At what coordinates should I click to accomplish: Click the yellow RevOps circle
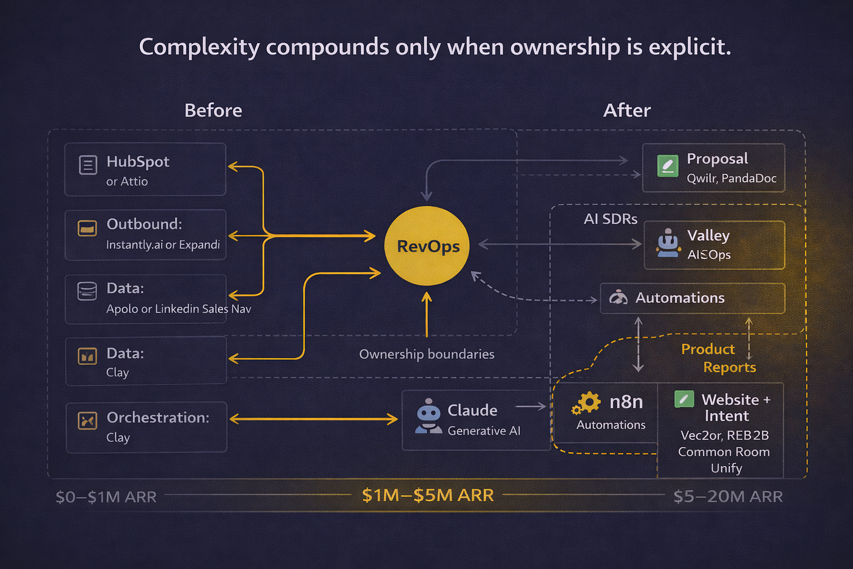(x=427, y=246)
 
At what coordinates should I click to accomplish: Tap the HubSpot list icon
(x=88, y=165)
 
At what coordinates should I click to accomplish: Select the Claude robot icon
(x=429, y=417)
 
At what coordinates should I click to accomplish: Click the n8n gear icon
(x=587, y=403)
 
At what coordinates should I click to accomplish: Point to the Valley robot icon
(x=668, y=243)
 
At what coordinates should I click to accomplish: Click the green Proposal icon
(x=668, y=166)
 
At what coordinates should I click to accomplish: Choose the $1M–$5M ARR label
(x=428, y=495)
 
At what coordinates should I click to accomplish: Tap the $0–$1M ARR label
(x=106, y=497)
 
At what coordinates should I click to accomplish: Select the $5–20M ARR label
(x=728, y=496)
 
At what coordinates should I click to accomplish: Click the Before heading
(x=213, y=110)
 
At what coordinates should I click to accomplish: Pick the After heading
(x=627, y=110)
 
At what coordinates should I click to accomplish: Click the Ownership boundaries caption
(x=426, y=354)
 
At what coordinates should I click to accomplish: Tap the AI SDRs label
(x=610, y=219)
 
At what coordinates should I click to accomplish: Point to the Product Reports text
(x=718, y=358)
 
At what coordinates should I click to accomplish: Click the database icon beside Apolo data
(x=87, y=291)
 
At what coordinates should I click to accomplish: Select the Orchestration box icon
(x=88, y=420)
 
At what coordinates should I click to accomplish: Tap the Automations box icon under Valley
(x=618, y=298)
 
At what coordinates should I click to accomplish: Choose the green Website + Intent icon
(x=684, y=399)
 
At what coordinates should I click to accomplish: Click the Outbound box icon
(x=88, y=228)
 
